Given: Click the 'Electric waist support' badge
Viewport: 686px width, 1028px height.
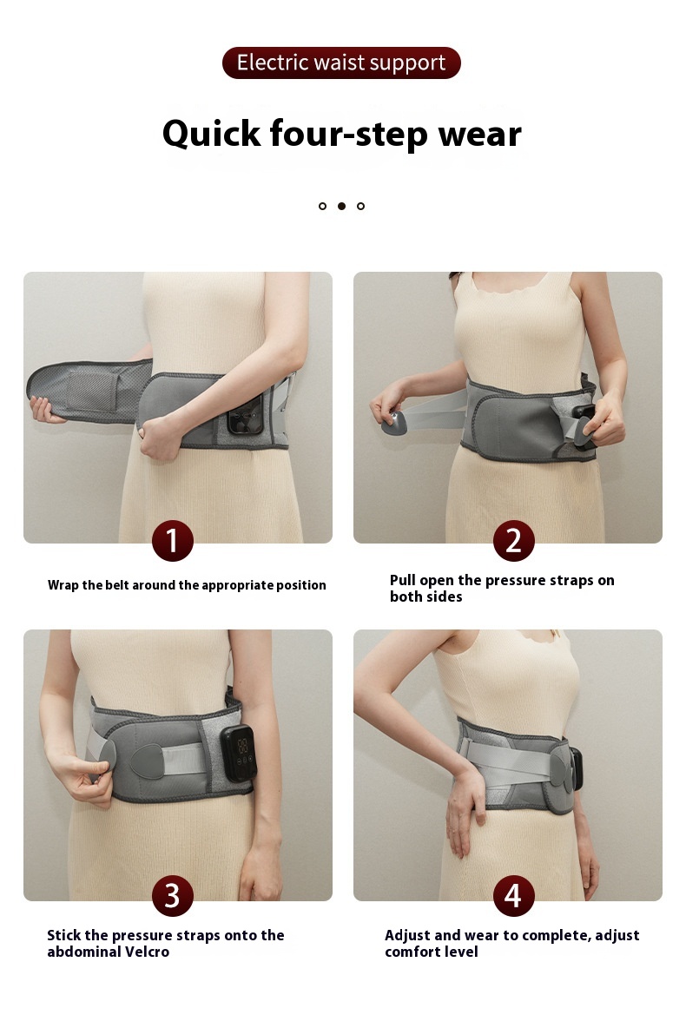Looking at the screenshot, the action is [341, 63].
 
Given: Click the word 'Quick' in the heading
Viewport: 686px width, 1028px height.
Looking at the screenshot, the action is [211, 135].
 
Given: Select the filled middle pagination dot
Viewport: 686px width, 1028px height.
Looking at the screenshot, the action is [341, 206].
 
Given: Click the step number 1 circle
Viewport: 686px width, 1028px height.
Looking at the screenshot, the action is [173, 541].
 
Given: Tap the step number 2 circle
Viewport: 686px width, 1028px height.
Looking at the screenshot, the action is [513, 541].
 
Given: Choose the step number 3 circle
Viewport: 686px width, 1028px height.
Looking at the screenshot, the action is [173, 895].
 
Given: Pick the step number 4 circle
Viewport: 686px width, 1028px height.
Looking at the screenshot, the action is [513, 895].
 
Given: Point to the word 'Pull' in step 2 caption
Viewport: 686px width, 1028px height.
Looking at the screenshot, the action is [402, 580].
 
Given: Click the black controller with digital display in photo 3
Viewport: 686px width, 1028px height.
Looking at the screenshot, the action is [238, 754].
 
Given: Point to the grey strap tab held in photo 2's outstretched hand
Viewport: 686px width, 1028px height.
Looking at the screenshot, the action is [394, 425].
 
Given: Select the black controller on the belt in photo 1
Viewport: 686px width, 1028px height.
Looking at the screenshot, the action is [245, 414].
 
